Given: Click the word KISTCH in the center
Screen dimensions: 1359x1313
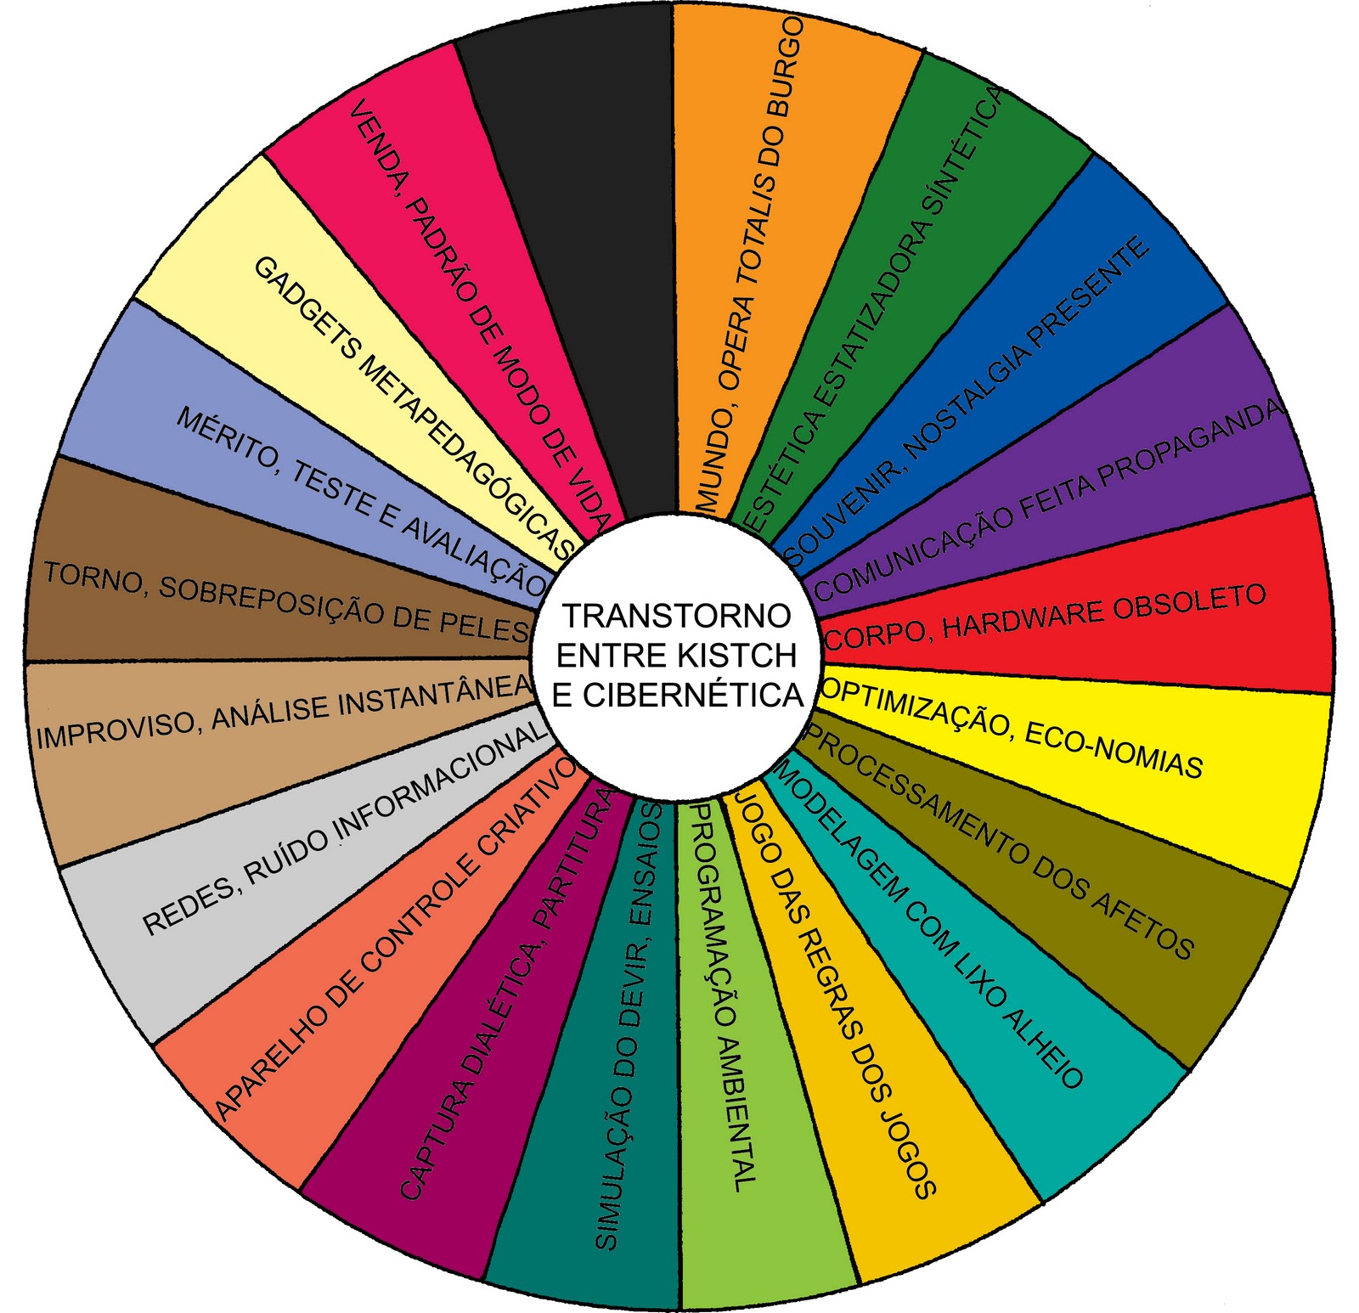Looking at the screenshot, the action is coord(738,655).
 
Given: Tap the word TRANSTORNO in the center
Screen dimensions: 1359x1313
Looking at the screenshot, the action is coord(677,615).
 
